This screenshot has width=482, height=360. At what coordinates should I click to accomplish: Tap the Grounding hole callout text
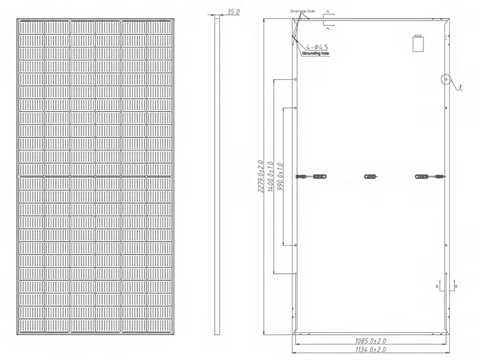tap(316, 54)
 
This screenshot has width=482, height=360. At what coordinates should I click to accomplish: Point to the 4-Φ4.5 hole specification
tap(318, 47)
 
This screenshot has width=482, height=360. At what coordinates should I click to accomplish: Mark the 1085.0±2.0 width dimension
tap(371, 339)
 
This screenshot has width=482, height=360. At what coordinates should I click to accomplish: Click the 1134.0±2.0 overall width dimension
tap(371, 350)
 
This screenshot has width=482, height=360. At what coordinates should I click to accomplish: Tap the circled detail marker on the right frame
tap(445, 80)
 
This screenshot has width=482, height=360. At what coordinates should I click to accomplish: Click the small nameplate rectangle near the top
tap(418, 44)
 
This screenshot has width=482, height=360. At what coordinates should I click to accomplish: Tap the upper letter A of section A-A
tap(328, 11)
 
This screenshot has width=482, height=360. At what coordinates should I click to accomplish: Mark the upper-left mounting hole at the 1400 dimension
tap(295, 79)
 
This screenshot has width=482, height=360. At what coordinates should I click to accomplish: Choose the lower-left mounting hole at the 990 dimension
tap(295, 245)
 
